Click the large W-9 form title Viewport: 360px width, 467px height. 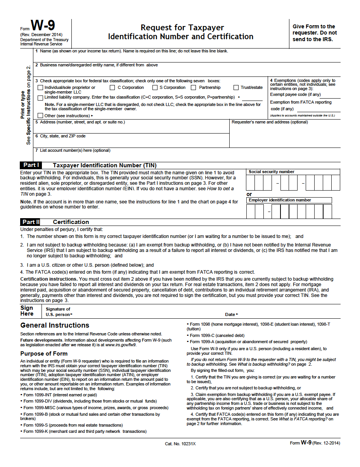click(43, 26)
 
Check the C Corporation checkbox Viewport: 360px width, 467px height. click(112, 88)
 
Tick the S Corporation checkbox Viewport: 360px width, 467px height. click(155, 88)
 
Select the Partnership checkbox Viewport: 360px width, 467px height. click(194, 88)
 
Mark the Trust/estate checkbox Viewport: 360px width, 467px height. click(236, 88)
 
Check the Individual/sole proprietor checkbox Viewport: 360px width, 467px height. click(40, 88)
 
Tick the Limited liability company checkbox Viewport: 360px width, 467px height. click(40, 97)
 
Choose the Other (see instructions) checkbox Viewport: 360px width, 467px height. click(40, 115)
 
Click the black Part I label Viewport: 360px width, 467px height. click(31, 165)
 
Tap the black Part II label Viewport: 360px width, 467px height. click(31, 222)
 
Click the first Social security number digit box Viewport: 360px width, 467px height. click(251, 183)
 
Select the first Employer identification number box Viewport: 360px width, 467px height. click(251, 211)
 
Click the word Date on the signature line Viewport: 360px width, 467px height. click(230, 314)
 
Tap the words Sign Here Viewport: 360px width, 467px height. click(27, 311)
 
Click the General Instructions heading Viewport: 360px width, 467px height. click(55, 325)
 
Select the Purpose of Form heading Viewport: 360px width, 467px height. click(44, 354)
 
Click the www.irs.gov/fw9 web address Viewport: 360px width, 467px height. click(120, 345)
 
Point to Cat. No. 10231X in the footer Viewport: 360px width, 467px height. click(180, 444)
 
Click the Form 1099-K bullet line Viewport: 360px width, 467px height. click(85, 431)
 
